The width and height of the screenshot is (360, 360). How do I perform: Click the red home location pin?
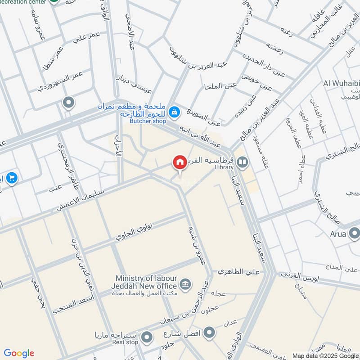click(x=180, y=163)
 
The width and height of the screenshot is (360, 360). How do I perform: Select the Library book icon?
click(x=242, y=161)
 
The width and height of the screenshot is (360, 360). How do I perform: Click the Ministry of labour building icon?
click(x=184, y=284)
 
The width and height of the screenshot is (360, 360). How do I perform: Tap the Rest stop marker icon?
click(x=147, y=337)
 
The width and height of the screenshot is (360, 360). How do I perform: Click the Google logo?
click(x=19, y=353)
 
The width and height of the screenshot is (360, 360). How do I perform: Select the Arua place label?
click(x=338, y=234)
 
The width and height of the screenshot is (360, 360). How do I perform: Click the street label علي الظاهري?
click(x=234, y=272)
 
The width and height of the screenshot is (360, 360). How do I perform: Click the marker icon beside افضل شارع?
click(x=208, y=333)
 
